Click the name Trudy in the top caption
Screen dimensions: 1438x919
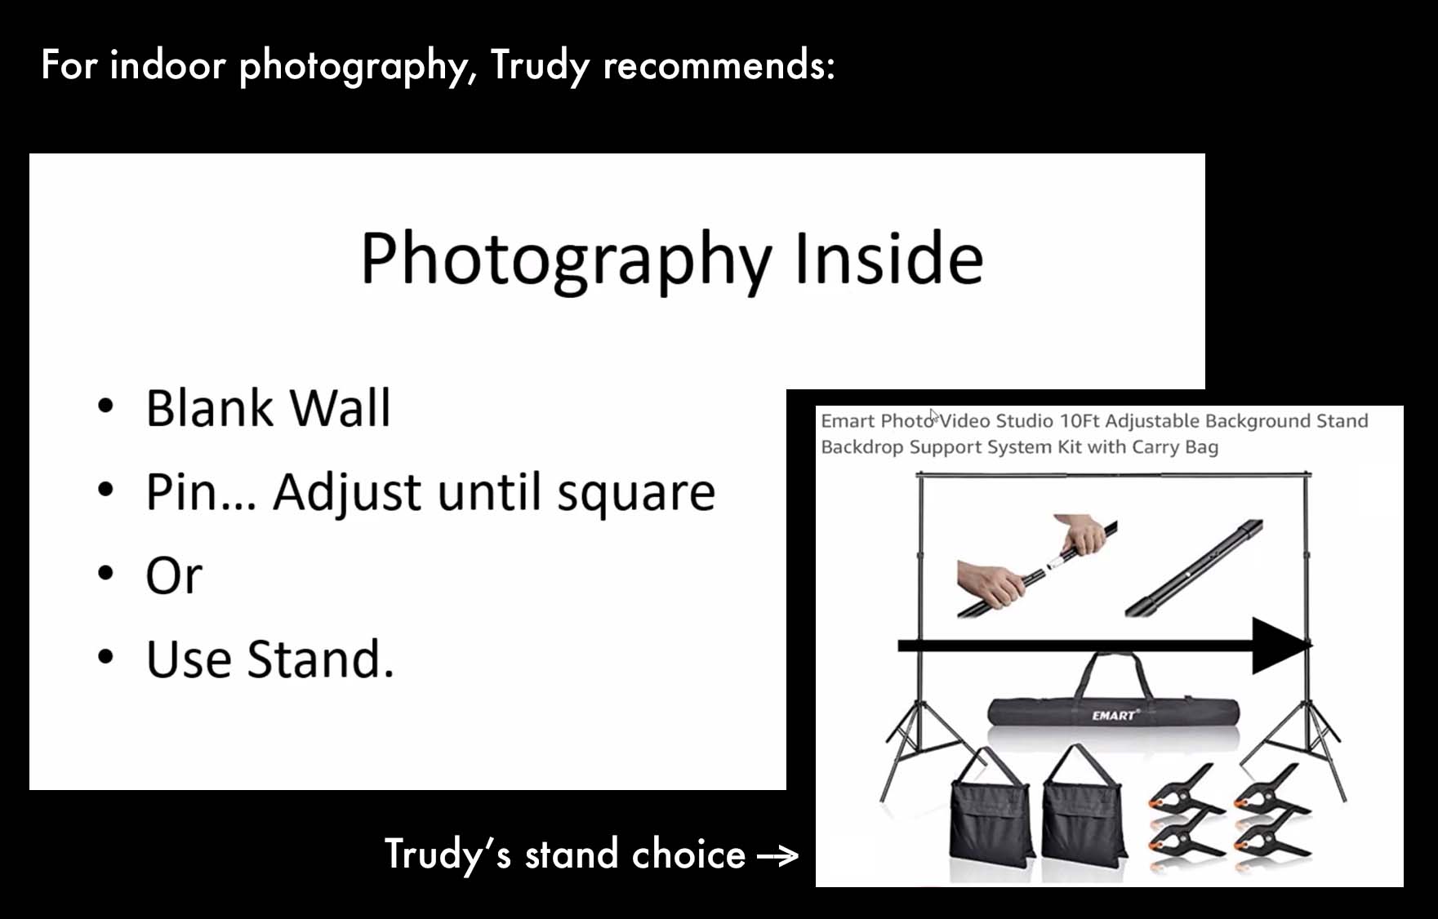pos(540,65)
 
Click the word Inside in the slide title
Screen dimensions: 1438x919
pos(888,259)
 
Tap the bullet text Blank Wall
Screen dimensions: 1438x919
pos(268,408)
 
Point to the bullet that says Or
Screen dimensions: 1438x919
pos(174,576)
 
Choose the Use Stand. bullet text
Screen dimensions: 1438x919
pos(270,659)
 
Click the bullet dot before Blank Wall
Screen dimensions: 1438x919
pos(105,406)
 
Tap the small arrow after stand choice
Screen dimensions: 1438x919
pos(778,856)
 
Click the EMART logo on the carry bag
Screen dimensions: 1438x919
pos(1115,715)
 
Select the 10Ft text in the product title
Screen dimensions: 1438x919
pos(1080,421)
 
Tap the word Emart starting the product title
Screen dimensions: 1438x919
pos(848,421)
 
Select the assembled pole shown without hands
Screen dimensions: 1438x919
pos(1194,568)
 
